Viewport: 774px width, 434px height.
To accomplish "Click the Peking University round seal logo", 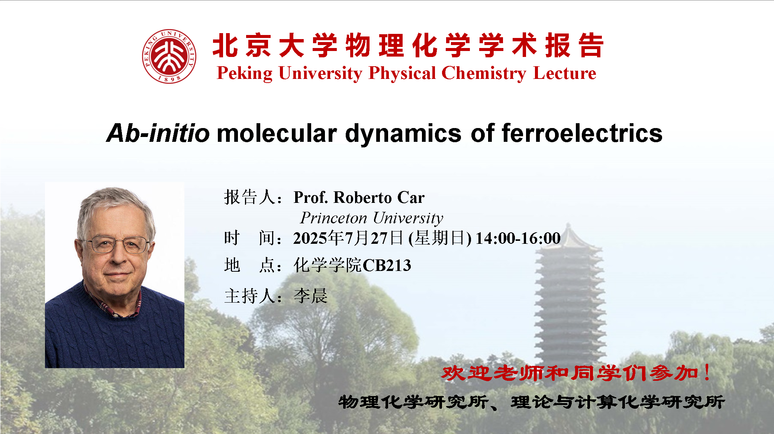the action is coord(169,57).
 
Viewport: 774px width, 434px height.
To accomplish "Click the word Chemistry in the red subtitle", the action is coord(484,73).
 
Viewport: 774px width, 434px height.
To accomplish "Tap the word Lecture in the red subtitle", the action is coord(565,73).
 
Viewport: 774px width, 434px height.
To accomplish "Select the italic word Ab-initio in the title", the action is coord(158,133).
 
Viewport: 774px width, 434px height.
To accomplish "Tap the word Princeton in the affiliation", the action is coord(333,218).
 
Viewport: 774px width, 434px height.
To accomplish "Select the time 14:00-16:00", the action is coord(518,238).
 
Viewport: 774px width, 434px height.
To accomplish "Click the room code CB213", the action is coord(387,265).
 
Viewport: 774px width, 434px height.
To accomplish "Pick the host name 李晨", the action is coord(310,296).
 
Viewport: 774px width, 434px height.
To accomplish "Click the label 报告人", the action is coord(249,197).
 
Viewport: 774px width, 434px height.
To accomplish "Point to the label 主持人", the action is coord(249,296).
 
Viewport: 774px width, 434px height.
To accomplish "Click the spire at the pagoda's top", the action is coord(568,229).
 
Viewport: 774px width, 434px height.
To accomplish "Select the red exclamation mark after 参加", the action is coord(707,372).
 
